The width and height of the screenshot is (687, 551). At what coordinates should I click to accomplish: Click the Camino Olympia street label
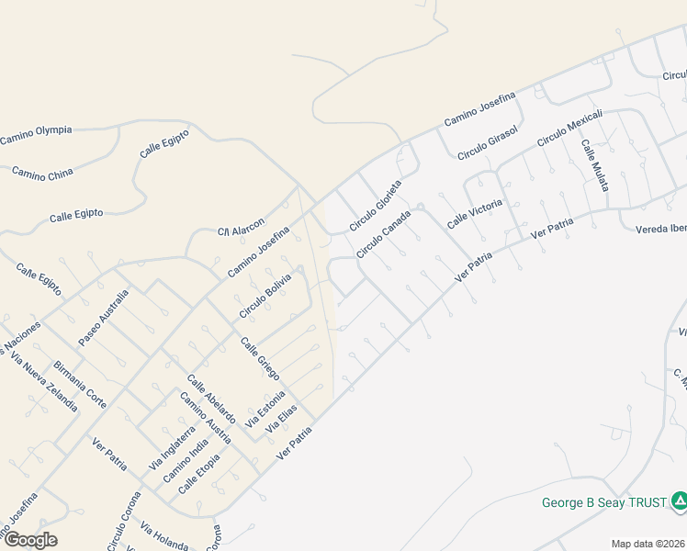tap(36, 135)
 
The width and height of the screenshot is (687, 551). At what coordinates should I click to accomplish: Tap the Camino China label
tap(42, 173)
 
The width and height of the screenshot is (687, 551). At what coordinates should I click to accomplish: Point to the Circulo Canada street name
tap(383, 234)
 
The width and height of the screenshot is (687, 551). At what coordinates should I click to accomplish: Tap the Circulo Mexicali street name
tap(569, 128)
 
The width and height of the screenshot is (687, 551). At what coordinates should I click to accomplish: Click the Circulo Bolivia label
tap(265, 296)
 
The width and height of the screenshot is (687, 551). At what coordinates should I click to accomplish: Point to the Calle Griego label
tap(260, 359)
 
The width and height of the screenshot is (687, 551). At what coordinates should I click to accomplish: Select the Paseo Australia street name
tap(103, 317)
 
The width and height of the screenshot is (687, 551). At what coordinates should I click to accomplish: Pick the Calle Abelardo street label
tap(210, 399)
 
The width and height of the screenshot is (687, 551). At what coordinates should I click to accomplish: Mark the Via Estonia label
tap(267, 409)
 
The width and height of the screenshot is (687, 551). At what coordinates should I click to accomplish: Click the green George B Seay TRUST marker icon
tap(679, 500)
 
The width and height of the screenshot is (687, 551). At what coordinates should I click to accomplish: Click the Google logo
tap(30, 540)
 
